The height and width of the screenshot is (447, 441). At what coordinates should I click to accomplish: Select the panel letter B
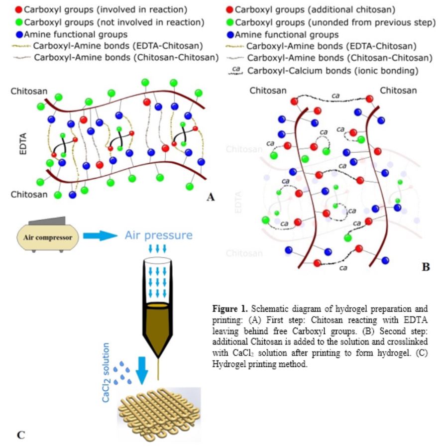point(426,267)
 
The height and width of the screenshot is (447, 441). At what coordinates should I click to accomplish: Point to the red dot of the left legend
point(19,9)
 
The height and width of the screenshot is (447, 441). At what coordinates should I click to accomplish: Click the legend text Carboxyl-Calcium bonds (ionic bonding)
point(332,70)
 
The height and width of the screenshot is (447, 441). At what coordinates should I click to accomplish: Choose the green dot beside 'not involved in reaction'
point(19,22)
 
